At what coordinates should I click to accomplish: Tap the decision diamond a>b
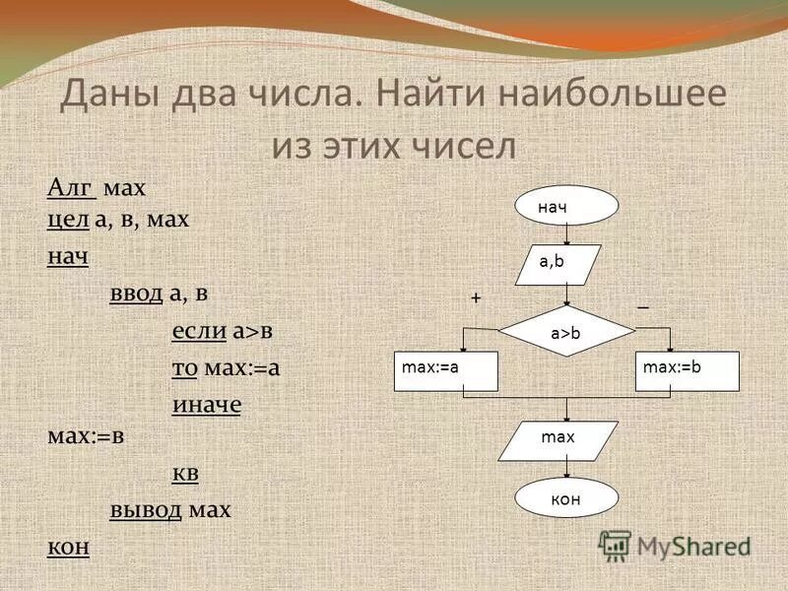pyautogui.click(x=565, y=333)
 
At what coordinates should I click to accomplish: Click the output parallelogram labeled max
pyautogui.click(x=558, y=440)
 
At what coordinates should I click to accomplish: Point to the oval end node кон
pyautogui.click(x=565, y=498)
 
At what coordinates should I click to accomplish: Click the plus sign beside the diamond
pyautogui.click(x=475, y=296)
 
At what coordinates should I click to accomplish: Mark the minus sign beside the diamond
pyautogui.click(x=643, y=307)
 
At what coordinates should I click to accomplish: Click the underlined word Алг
pyautogui.click(x=71, y=187)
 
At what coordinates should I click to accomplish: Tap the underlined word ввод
pyautogui.click(x=136, y=294)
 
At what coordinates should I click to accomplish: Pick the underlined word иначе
pyautogui.click(x=207, y=405)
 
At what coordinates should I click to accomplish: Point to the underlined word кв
pyautogui.click(x=185, y=473)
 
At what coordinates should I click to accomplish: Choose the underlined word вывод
pyautogui.click(x=146, y=510)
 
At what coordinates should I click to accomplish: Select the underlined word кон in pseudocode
pyautogui.click(x=69, y=547)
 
